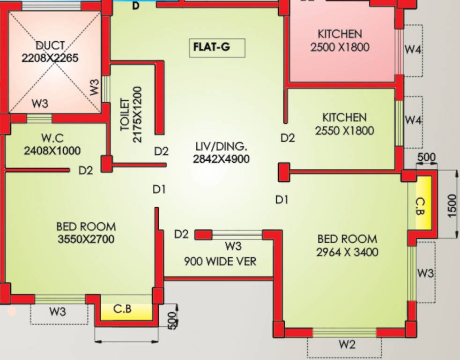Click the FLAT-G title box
pyautogui.click(x=217, y=48)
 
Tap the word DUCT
pyautogui.click(x=50, y=46)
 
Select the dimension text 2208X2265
pyautogui.click(x=50, y=58)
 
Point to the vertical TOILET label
pyautogui.click(x=126, y=114)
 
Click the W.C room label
pyautogui.click(x=52, y=138)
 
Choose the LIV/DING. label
pyautogui.click(x=221, y=146)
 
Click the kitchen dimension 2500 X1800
pyautogui.click(x=340, y=47)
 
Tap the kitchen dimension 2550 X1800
pyautogui.click(x=344, y=130)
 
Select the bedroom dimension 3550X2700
pyautogui.click(x=86, y=240)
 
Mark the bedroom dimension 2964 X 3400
pyautogui.click(x=347, y=252)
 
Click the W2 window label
pyautogui.click(x=347, y=345)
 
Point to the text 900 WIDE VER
pyautogui.click(x=220, y=261)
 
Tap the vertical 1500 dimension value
pyautogui.click(x=452, y=205)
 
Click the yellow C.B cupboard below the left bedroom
pyautogui.click(x=123, y=310)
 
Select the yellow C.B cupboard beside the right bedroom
pyautogui.click(x=420, y=206)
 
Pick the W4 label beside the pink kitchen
pyautogui.click(x=413, y=50)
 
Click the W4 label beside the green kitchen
pyautogui.click(x=413, y=120)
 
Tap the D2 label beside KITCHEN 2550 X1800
pyautogui.click(x=288, y=138)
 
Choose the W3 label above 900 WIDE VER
pyautogui.click(x=233, y=246)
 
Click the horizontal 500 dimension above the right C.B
pyautogui.click(x=426, y=157)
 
